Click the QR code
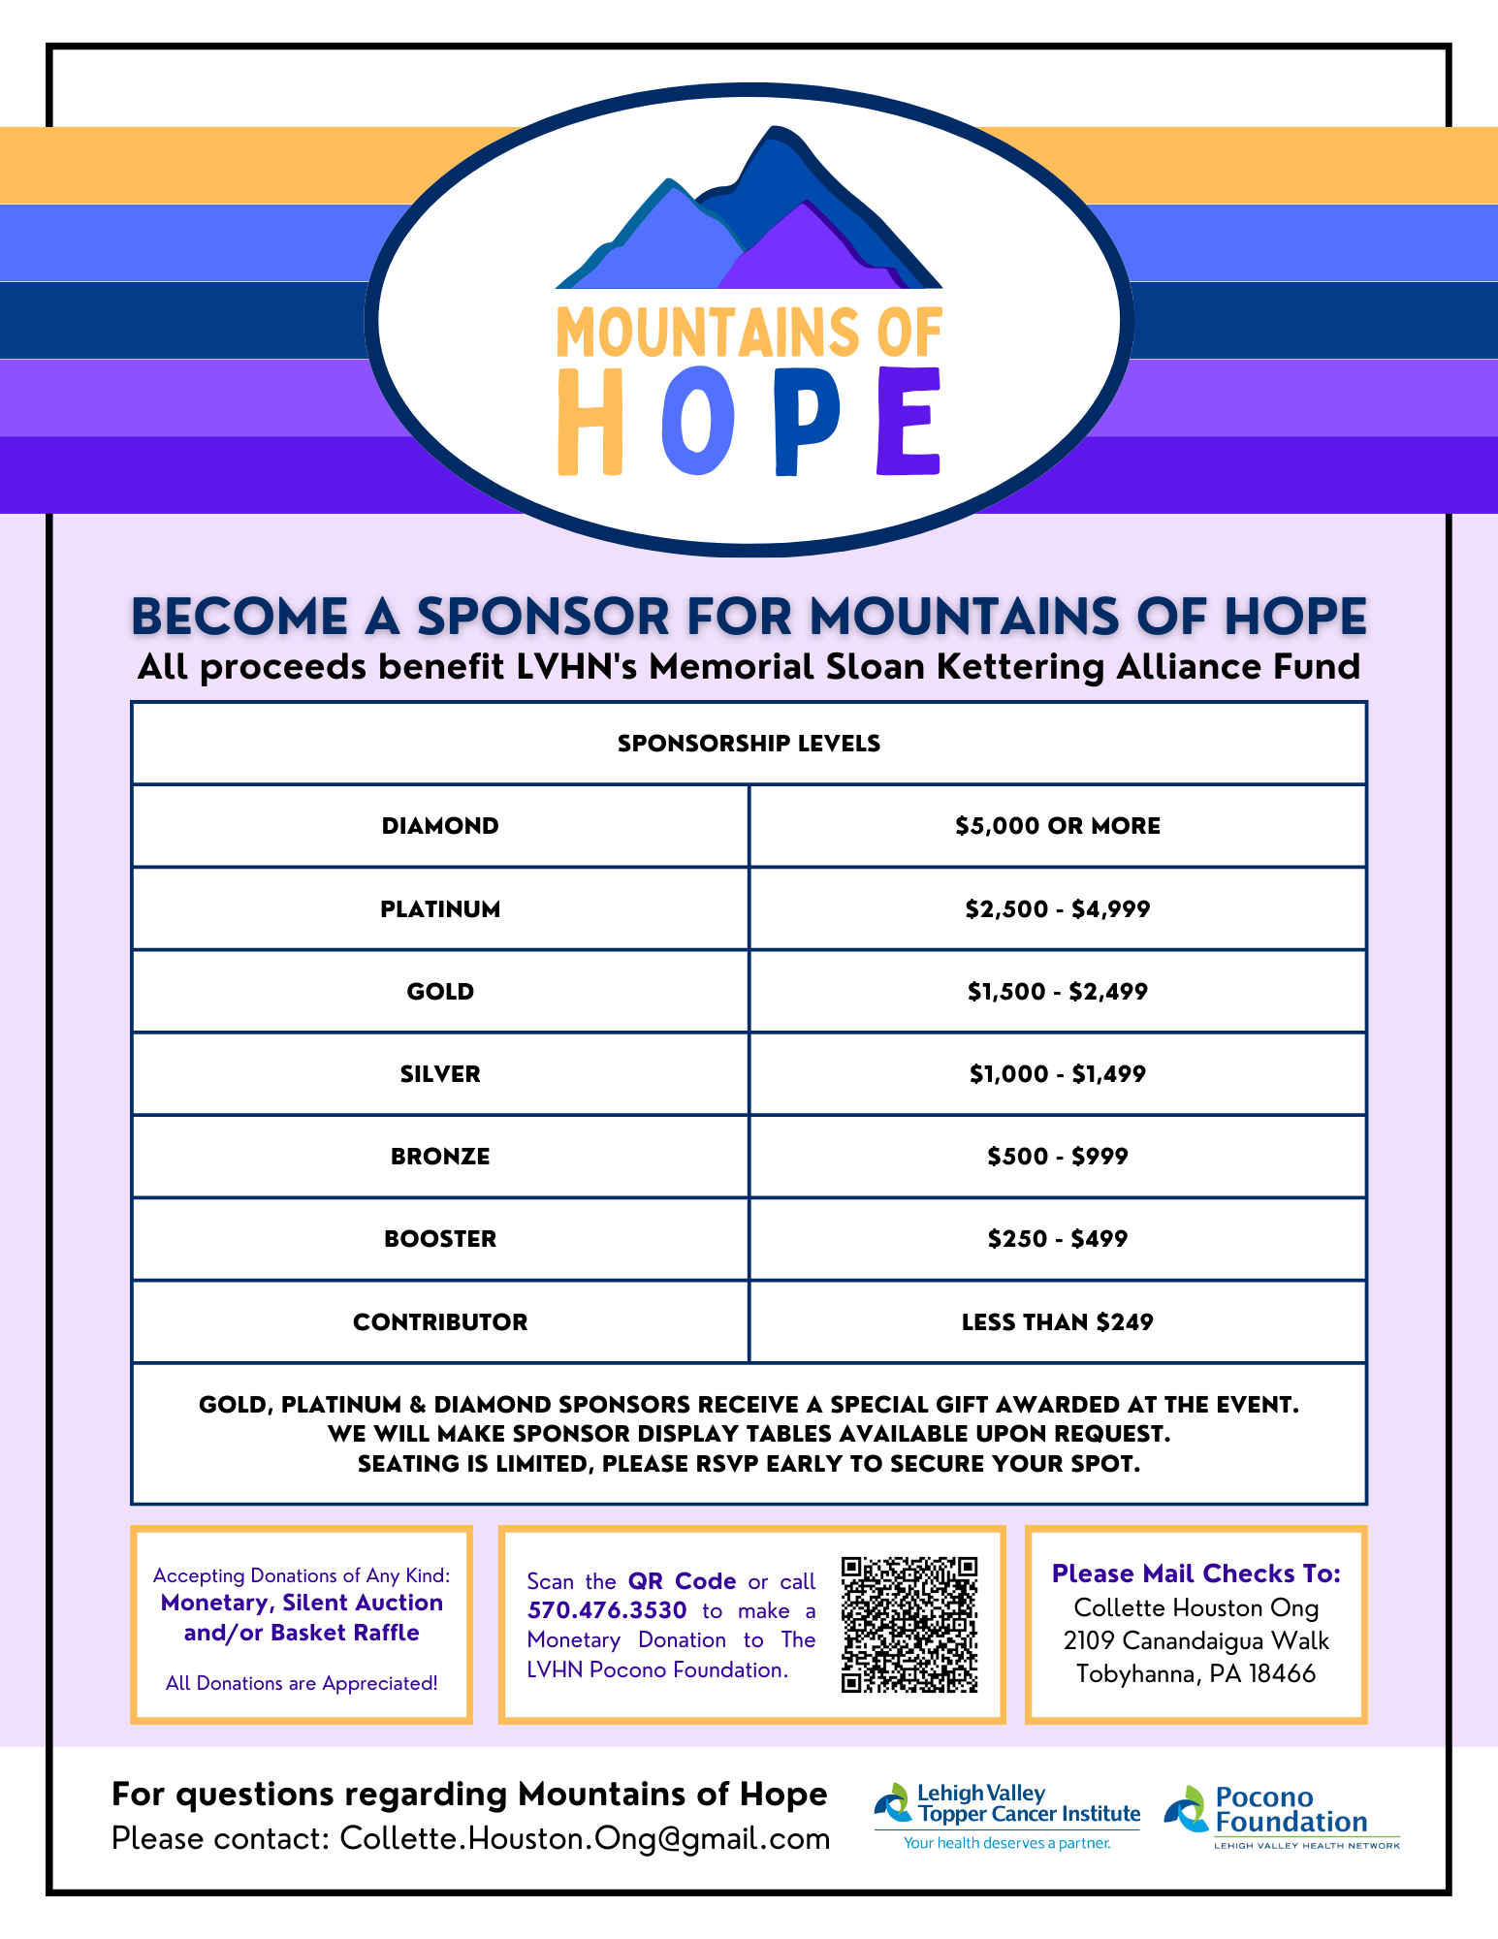point(908,1624)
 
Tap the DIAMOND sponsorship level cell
point(440,826)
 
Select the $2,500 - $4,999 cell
point(1057,909)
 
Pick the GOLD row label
point(440,992)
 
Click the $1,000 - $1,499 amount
point(1057,1074)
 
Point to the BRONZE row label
point(440,1157)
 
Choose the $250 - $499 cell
point(1057,1239)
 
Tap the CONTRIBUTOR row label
point(440,1322)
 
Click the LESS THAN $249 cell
point(1057,1322)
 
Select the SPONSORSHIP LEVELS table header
point(749,744)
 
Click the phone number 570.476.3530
point(607,1610)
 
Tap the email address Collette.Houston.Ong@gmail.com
point(585,1838)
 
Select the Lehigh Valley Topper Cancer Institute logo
point(1008,1816)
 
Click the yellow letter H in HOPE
point(590,422)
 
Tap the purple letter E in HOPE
point(909,422)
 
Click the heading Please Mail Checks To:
point(1196,1573)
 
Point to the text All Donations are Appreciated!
point(302,1683)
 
